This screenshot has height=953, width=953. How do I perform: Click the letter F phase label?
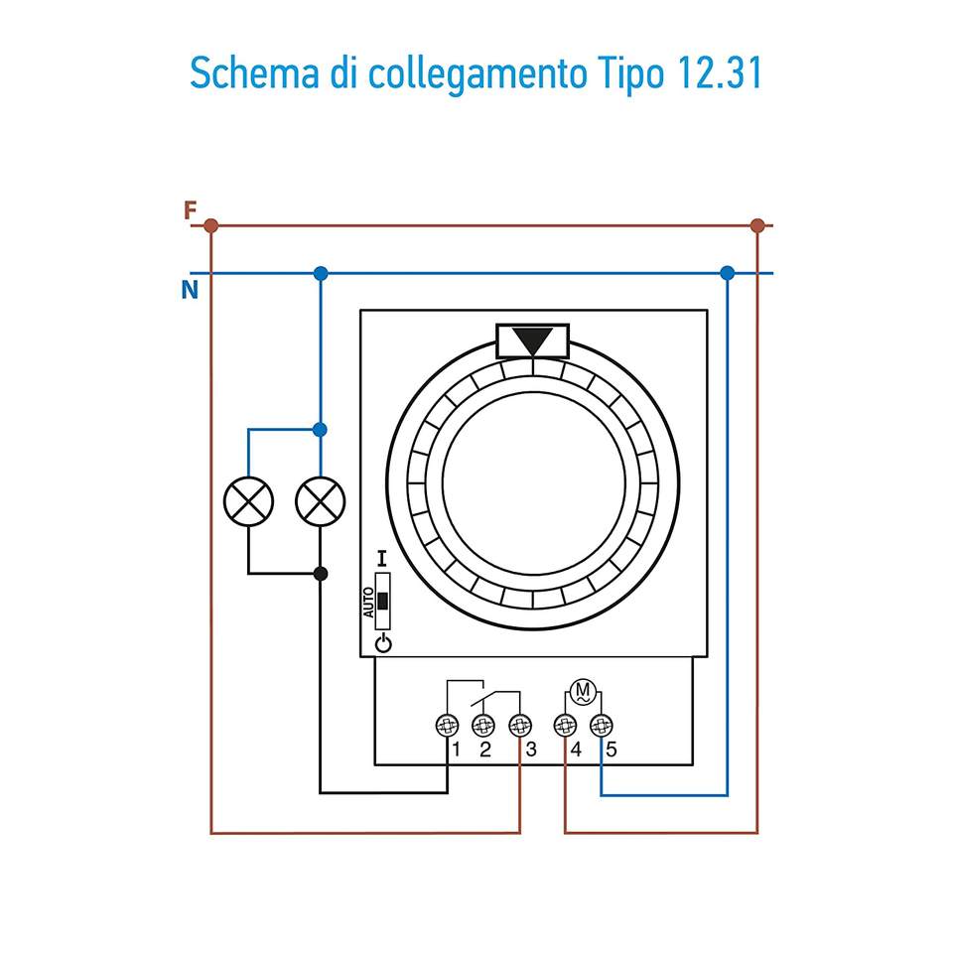click(190, 210)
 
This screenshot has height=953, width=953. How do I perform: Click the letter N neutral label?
click(190, 290)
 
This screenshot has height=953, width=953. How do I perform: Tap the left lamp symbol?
click(248, 502)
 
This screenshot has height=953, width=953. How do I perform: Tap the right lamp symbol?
click(320, 502)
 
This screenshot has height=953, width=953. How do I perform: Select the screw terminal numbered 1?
click(448, 726)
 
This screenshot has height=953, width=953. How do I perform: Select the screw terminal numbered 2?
click(483, 726)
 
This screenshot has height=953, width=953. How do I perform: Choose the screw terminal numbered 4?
click(565, 726)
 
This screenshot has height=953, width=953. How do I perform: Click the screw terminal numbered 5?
click(601, 726)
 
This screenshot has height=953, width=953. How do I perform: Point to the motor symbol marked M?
click(583, 691)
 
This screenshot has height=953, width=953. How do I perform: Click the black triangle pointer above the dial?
click(533, 340)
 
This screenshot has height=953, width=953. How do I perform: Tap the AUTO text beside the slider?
click(368, 603)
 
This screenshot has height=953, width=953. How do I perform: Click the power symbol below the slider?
click(383, 644)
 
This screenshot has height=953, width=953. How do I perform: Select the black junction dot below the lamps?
click(320, 574)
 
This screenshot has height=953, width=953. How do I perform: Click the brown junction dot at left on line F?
click(210, 226)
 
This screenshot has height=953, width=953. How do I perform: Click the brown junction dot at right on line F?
click(757, 226)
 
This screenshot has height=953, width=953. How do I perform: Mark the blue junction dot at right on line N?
click(728, 273)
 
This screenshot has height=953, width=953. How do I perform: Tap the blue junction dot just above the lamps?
click(320, 430)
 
